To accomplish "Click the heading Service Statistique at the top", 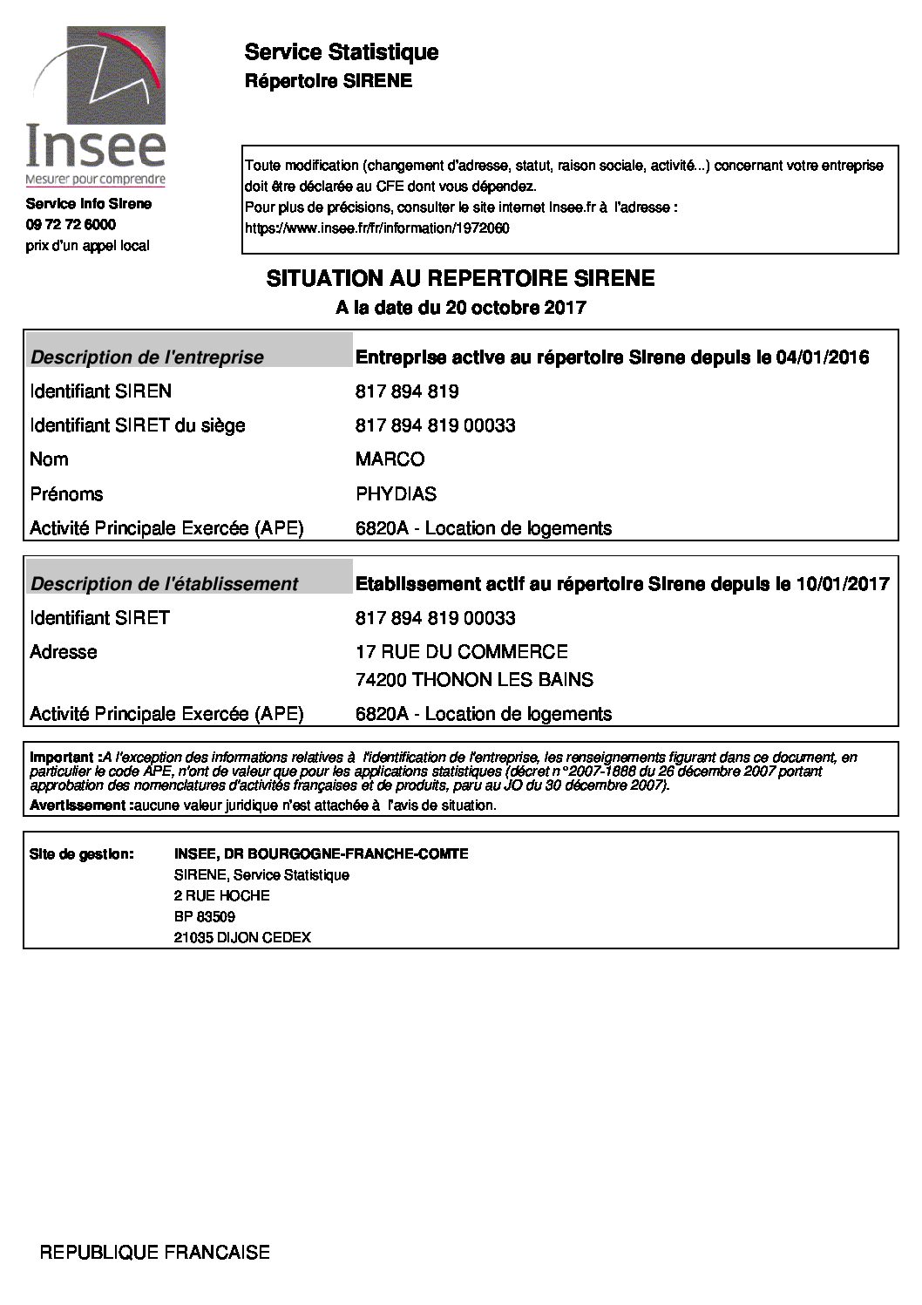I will click(341, 53).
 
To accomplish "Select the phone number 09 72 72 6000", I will click(71, 225).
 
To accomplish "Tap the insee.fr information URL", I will click(377, 229).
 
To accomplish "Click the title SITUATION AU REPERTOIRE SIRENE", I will click(460, 279).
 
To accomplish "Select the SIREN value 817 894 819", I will click(407, 391).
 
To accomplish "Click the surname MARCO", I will click(390, 459).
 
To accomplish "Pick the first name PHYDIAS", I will click(397, 494).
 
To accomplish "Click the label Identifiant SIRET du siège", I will click(138, 425).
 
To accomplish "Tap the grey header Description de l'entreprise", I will click(147, 357).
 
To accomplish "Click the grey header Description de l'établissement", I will click(164, 584).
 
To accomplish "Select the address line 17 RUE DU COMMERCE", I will click(462, 652).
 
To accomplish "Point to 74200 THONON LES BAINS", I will click(474, 680).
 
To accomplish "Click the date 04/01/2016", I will click(822, 357).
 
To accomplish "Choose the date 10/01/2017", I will click(843, 584).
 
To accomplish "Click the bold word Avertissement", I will click(78, 805).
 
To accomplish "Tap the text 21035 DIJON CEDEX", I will click(242, 938).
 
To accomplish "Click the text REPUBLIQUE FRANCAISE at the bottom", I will click(155, 1253).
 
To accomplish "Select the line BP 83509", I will click(204, 917).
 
